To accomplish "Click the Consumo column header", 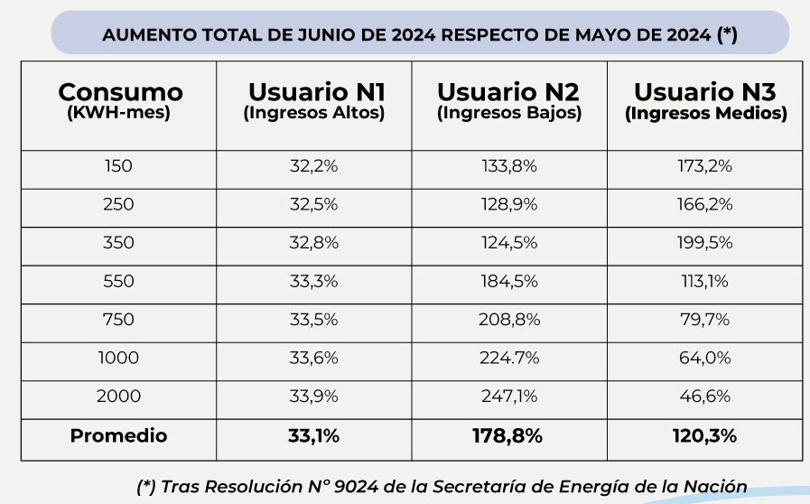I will click(119, 92).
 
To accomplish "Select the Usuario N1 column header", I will click(314, 92).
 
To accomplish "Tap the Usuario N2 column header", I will click(509, 92).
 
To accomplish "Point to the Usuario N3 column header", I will click(705, 92).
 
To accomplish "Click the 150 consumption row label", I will click(119, 166).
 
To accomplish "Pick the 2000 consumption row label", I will click(119, 397).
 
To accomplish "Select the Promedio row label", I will click(119, 436).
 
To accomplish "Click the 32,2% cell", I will click(314, 166).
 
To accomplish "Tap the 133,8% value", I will click(509, 166).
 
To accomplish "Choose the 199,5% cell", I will click(705, 243).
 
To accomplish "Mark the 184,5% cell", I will click(509, 282).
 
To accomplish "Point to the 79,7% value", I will click(705, 321).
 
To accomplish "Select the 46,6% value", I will click(705, 397).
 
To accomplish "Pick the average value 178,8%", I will click(509, 436).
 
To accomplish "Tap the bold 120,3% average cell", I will click(705, 436).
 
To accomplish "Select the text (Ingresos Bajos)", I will click(509, 114).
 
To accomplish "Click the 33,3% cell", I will click(314, 282).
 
